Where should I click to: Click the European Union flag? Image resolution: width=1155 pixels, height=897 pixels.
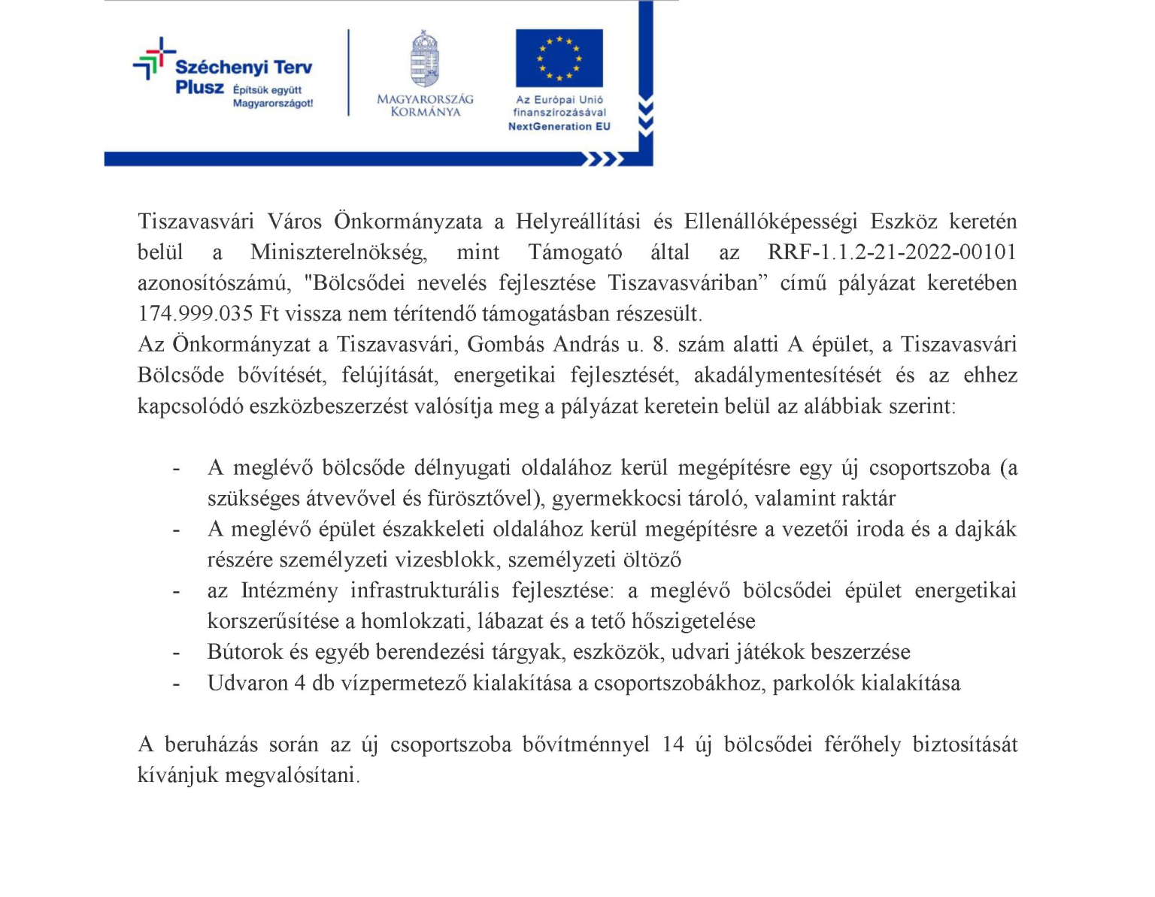[559, 59]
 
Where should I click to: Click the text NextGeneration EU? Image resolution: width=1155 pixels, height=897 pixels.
[559, 126]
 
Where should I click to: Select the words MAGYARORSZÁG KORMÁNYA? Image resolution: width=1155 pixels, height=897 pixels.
[425, 105]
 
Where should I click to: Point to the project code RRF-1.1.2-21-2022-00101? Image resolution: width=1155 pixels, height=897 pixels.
[892, 252]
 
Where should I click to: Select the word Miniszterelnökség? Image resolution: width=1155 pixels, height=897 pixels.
[338, 252]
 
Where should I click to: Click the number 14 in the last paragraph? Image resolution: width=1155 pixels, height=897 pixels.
[673, 744]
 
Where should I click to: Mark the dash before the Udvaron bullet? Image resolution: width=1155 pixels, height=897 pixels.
[176, 683]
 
